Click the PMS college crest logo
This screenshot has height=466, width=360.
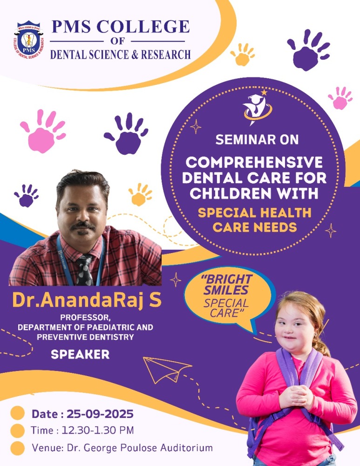pyautogui.click(x=28, y=40)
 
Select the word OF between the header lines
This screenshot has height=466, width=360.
pyautogui.click(x=118, y=41)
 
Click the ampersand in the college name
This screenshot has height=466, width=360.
pyautogui.click(x=135, y=55)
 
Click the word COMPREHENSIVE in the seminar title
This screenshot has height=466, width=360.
pyautogui.click(x=254, y=162)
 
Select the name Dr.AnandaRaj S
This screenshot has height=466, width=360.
pyautogui.click(x=87, y=300)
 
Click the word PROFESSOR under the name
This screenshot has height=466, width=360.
pyautogui.click(x=85, y=317)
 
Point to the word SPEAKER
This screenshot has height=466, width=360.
pyautogui.click(x=80, y=354)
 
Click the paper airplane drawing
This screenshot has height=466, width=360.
pyautogui.click(x=167, y=370)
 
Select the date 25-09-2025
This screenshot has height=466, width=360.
pyautogui.click(x=100, y=414)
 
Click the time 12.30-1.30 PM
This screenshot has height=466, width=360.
pyautogui.click(x=97, y=430)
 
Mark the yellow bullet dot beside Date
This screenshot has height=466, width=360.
pyautogui.click(x=17, y=413)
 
